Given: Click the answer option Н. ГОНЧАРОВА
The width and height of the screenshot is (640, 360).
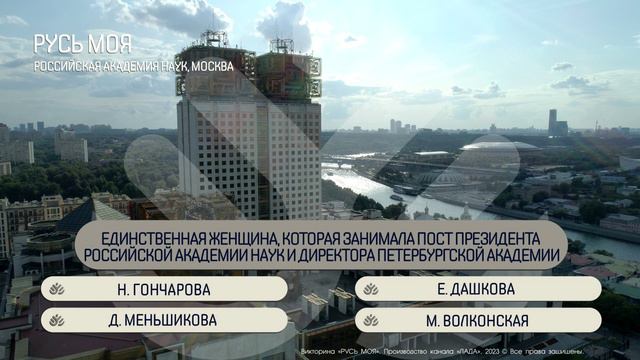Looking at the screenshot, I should point(163,289).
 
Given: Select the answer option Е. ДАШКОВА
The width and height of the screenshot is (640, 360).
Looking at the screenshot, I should point(477,289).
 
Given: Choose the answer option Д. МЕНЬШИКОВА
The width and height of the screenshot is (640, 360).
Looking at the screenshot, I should point(163,320).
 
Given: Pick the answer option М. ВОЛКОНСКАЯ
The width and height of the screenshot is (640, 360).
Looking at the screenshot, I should point(477,320).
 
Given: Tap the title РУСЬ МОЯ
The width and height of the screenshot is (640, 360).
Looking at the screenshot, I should point(89,46).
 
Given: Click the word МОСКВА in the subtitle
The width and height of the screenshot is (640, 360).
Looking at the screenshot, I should point(208,66).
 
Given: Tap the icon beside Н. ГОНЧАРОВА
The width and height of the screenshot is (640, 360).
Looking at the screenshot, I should point(57,289).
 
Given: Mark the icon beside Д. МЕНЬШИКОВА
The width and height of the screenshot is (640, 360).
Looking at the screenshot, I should point(57,320).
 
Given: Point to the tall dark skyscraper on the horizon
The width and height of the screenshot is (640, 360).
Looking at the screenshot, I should point(552,120).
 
